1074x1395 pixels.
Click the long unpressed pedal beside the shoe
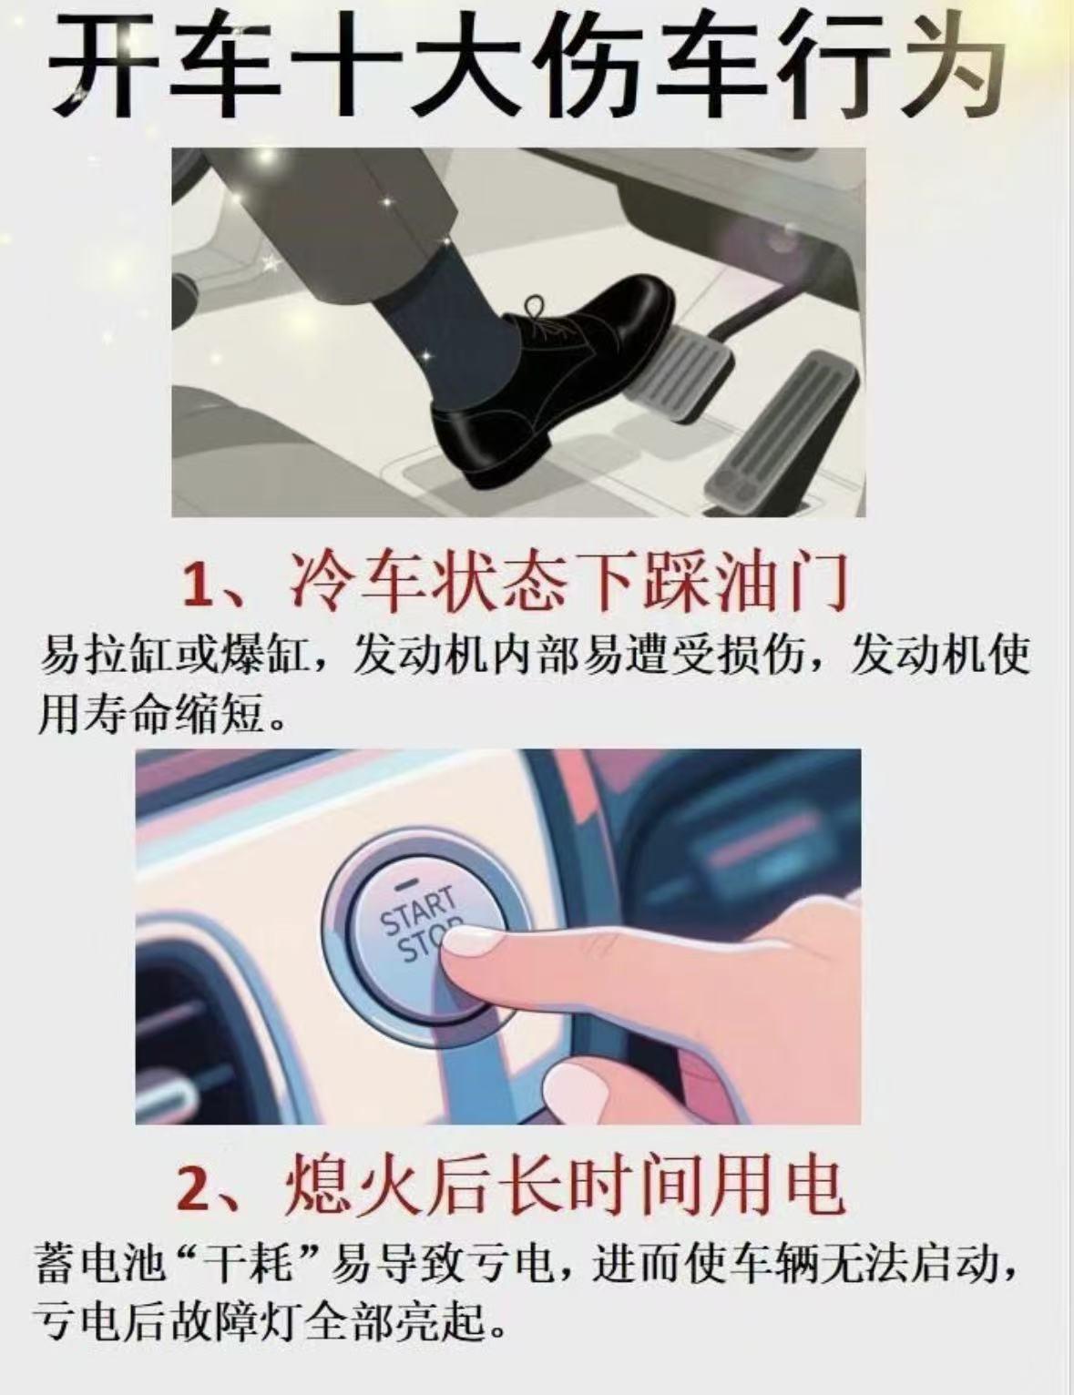tap(783, 428)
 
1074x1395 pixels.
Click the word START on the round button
tap(417, 910)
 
